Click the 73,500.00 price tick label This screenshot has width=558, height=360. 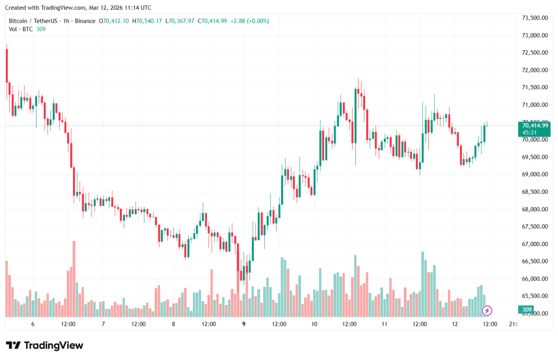(534, 18)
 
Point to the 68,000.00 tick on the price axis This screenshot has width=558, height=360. (534, 209)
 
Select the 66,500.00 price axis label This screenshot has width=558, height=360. (534, 261)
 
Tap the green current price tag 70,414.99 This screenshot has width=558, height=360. (535, 125)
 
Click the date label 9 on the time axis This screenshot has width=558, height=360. (244, 324)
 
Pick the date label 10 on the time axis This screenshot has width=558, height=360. (314, 324)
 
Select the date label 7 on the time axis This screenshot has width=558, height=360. (103, 324)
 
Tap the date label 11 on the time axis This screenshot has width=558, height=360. (384, 324)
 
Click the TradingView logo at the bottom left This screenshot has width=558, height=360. (45, 345)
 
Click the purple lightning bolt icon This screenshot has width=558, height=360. (488, 310)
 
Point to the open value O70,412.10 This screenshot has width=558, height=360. (114, 21)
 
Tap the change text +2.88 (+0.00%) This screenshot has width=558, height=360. (250, 21)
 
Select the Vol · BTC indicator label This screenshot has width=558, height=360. (20, 29)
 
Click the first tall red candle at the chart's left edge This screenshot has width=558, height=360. (7, 65)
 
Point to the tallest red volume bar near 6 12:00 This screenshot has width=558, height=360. (74, 278)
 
